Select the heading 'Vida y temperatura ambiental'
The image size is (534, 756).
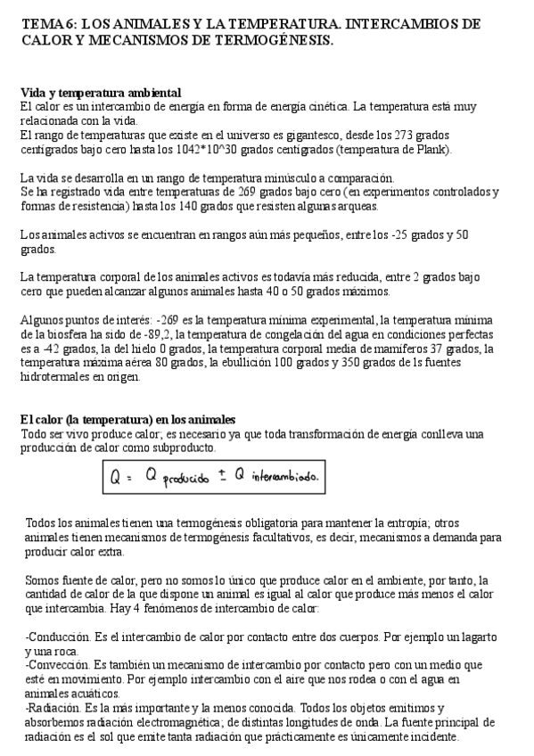(x=101, y=93)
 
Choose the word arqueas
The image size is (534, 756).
(x=357, y=206)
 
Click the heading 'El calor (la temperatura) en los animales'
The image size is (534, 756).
(x=127, y=419)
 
